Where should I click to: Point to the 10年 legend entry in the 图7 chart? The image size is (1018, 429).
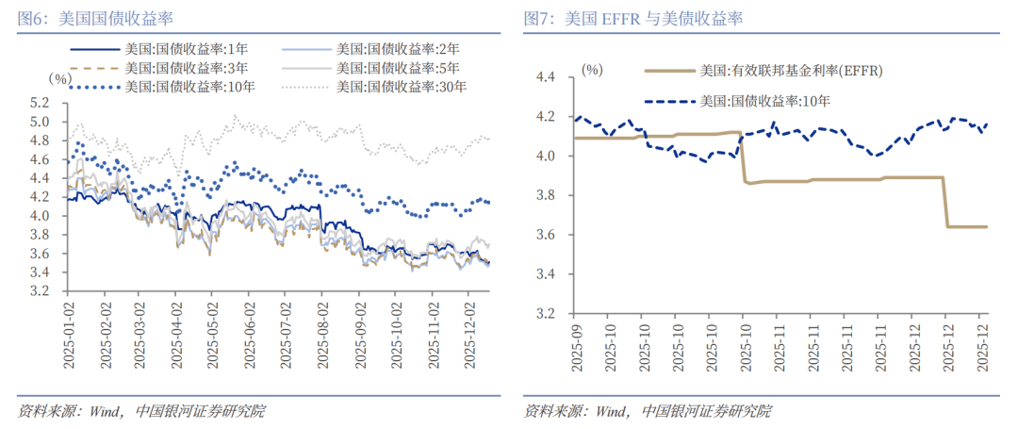click(763, 101)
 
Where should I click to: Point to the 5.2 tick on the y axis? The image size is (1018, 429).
click(39, 103)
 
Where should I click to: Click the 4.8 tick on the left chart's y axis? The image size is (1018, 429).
click(39, 140)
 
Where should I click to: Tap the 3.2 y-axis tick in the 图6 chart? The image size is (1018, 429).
click(39, 291)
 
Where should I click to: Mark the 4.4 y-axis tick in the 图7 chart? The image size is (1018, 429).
click(548, 78)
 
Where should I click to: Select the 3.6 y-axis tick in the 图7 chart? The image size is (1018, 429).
click(548, 235)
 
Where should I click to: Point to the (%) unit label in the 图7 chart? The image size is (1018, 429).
click(592, 69)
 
